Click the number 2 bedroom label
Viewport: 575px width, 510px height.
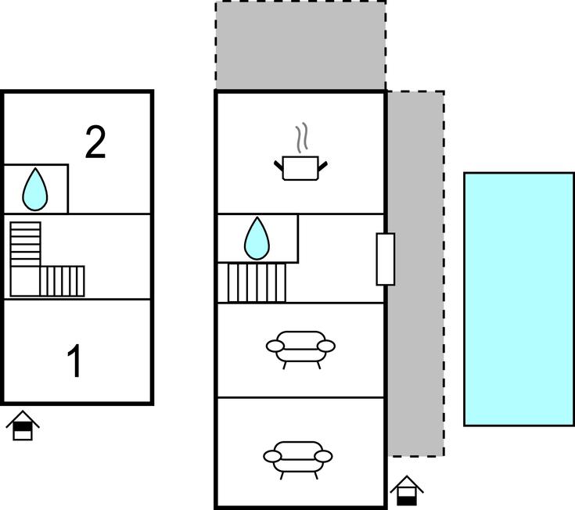coord(95,142)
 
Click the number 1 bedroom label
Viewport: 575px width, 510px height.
coord(74,361)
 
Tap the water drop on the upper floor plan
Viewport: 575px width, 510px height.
coord(35,189)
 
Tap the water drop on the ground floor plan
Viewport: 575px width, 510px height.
coord(257,239)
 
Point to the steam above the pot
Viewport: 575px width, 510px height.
coord(301,138)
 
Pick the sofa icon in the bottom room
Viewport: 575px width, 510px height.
coord(298,460)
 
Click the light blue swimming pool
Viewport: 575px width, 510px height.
coord(519,299)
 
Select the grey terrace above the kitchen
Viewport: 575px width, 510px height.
coord(300,45)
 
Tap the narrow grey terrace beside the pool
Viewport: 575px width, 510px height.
coord(416,274)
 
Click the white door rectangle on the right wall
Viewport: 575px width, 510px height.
coord(386,259)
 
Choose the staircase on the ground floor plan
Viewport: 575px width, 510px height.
coord(252,282)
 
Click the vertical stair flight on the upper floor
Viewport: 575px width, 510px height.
coord(25,244)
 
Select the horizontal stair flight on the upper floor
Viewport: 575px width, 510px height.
coord(62,282)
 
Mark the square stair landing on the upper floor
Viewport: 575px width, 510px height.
coord(25,282)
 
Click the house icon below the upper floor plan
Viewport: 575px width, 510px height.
coord(23,426)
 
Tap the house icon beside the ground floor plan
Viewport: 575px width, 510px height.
coord(407,490)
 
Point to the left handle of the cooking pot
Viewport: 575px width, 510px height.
coord(279,166)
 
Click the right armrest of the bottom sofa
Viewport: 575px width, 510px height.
coord(323,457)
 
